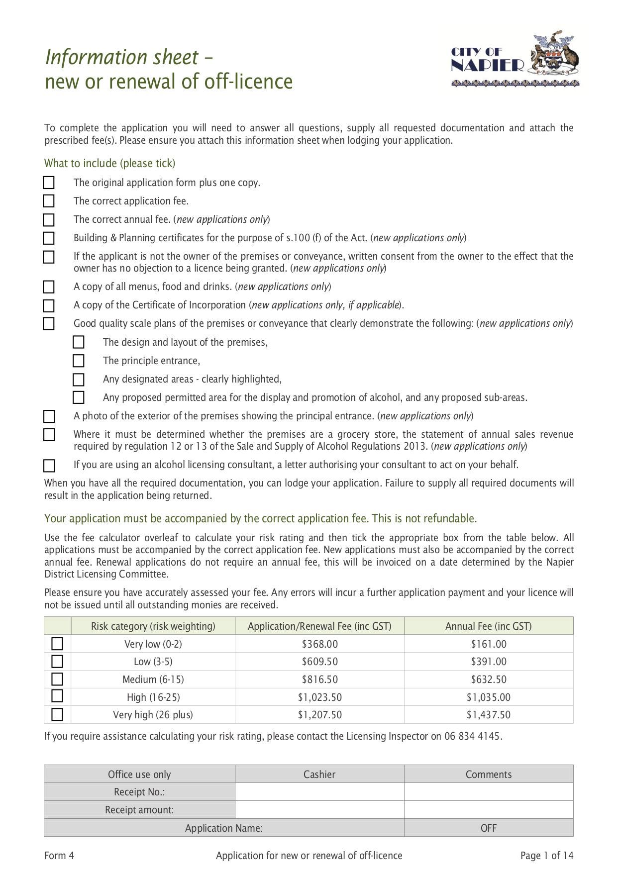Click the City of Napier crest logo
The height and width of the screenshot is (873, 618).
515,61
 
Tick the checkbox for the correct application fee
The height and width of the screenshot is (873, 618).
49,201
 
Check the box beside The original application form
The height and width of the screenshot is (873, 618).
49,183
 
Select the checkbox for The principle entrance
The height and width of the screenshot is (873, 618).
78,361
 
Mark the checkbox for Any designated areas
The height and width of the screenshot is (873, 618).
78,380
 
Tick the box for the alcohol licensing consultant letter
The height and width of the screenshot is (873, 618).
49,466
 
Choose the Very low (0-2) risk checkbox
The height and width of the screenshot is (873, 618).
57,644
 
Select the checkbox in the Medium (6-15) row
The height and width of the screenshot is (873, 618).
57,679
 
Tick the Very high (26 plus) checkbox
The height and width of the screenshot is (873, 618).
57,714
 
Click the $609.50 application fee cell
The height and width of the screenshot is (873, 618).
319,662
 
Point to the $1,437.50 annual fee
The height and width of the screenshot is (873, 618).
488,715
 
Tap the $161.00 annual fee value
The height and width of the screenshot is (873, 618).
488,644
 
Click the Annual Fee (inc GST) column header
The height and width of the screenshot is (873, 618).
488,626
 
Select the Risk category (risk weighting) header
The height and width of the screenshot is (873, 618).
153,626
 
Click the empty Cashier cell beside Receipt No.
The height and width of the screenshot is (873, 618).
319,792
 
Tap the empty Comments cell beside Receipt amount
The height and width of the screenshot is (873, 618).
488,810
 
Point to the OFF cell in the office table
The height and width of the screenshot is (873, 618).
488,828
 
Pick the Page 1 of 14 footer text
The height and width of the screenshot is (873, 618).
546,856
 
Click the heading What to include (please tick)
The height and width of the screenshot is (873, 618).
109,163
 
